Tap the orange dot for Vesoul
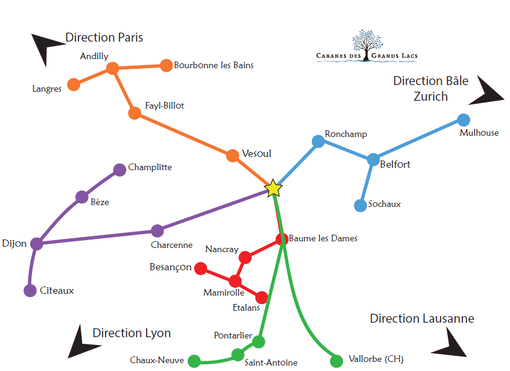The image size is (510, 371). click(233, 156)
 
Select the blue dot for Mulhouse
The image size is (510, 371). click(464, 119)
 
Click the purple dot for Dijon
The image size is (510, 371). click(37, 244)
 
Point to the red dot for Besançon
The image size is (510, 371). click(200, 268)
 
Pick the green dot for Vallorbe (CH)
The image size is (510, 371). click(337, 361)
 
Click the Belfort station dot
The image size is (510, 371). click(374, 160)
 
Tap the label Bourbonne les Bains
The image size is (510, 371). click(214, 65)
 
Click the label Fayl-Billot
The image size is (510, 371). click(165, 106)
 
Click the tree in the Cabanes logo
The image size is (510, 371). click(367, 41)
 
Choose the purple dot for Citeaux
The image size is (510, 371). click(30, 291)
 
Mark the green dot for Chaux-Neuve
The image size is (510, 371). click(194, 361)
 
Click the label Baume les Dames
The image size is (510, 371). click(323, 238)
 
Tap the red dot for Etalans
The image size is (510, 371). click(262, 297)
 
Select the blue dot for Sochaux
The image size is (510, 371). click(360, 205)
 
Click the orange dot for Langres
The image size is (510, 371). click(74, 84)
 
